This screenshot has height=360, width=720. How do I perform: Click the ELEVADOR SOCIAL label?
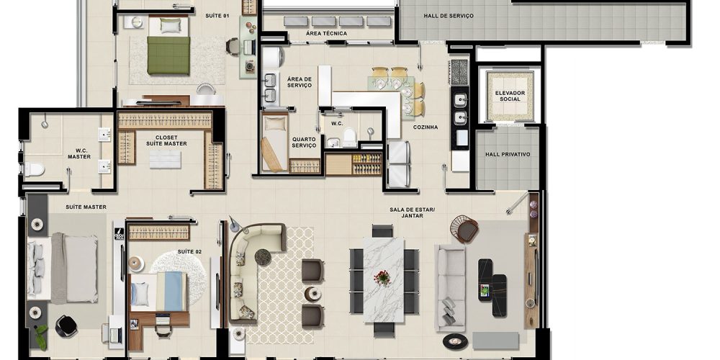510,96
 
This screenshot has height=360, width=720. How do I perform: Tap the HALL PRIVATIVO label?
508,154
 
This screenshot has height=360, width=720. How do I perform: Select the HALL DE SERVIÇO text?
448,16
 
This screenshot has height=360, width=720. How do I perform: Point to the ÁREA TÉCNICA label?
326,34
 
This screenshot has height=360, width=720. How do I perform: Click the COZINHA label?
426,127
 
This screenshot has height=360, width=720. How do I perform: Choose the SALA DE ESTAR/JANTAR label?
412,212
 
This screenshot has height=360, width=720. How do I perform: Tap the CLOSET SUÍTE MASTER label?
166,140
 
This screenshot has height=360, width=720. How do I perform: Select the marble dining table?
384,279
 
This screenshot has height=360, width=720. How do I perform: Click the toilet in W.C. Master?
33,169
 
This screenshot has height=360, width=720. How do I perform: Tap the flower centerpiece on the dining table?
382,278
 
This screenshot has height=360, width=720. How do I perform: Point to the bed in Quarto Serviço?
274,143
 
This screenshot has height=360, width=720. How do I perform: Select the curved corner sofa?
251,271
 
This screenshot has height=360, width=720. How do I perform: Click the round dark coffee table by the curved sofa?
263,257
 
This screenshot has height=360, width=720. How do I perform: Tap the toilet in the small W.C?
349,138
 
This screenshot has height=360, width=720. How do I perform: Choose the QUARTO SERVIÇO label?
304,143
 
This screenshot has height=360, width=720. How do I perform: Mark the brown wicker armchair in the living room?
464,229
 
